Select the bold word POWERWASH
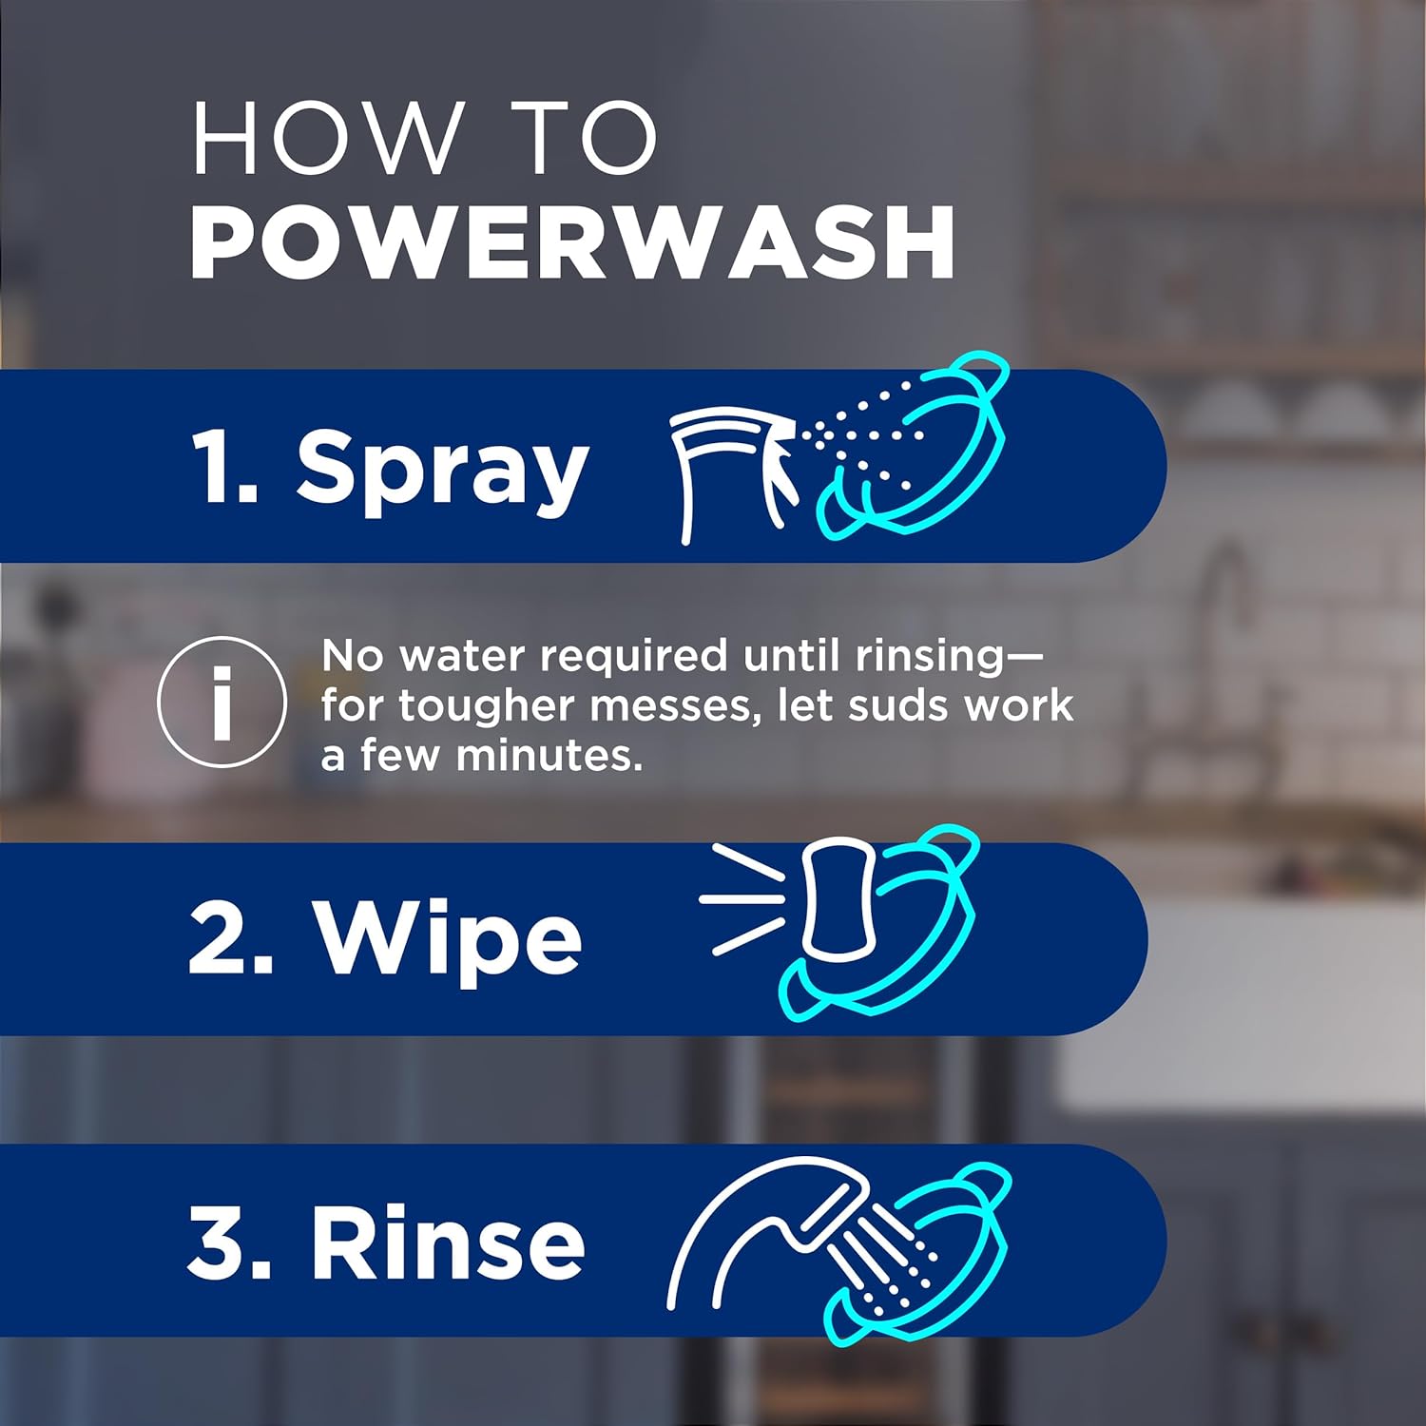[x=572, y=242]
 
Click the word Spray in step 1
[x=442, y=468]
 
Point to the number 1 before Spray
[x=216, y=466]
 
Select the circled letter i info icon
[x=222, y=702]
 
